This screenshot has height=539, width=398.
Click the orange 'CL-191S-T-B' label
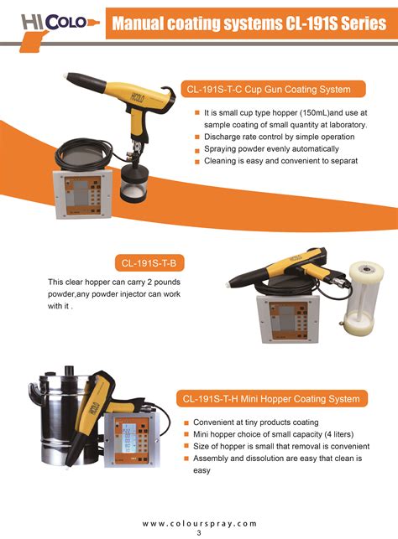click(153, 262)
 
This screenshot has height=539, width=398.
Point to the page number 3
click(199, 533)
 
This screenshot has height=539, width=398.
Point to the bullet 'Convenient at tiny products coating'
click(256, 422)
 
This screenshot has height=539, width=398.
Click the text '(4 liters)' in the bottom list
click(330, 434)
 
